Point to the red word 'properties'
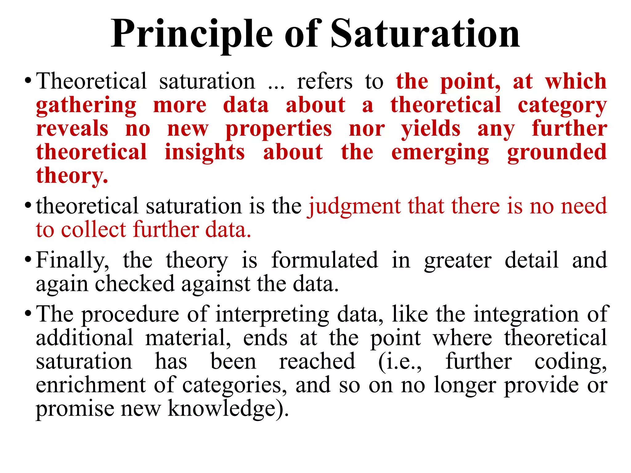279,129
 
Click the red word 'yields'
431,129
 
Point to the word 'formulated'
325,260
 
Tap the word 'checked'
135,284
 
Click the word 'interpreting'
272,315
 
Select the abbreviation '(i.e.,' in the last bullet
400,362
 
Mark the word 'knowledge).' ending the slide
228,409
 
